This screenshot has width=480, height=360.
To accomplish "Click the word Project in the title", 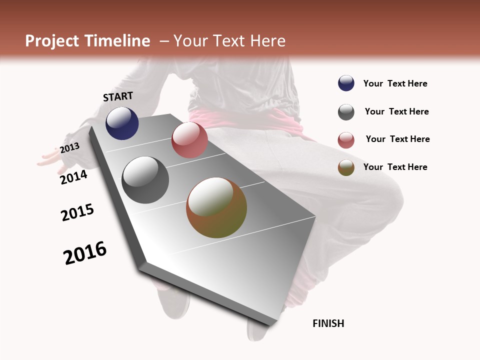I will pos(51,41).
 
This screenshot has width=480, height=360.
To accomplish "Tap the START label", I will pos(118,96).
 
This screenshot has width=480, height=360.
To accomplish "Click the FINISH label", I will pos(328,323).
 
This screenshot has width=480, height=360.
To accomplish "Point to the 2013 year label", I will pos(69,147).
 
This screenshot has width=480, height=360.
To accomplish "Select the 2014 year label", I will pos(73,177).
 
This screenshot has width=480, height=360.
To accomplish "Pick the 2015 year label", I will pos(77,212).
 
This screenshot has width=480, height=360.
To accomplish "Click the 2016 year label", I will pos(85,252).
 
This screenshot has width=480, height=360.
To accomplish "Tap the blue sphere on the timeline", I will pos(122,123).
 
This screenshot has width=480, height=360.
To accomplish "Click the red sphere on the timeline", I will pos(189,140).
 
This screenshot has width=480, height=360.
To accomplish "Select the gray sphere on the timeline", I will pos(145,180).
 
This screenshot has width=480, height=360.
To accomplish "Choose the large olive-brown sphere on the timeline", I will pos(216,207).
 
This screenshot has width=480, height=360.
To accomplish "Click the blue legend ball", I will pos(346,83).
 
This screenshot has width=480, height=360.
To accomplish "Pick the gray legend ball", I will pos(346,112).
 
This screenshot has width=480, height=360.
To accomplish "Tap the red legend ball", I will pos(346,140).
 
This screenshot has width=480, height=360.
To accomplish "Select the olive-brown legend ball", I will pos(346,167).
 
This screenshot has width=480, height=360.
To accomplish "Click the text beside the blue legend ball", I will pos(395,84).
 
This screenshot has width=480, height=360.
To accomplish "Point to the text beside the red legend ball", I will pos(397,139).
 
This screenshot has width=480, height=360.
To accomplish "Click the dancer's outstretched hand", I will pos(50,157).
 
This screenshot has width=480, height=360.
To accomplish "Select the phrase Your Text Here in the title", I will pos(229,41).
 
